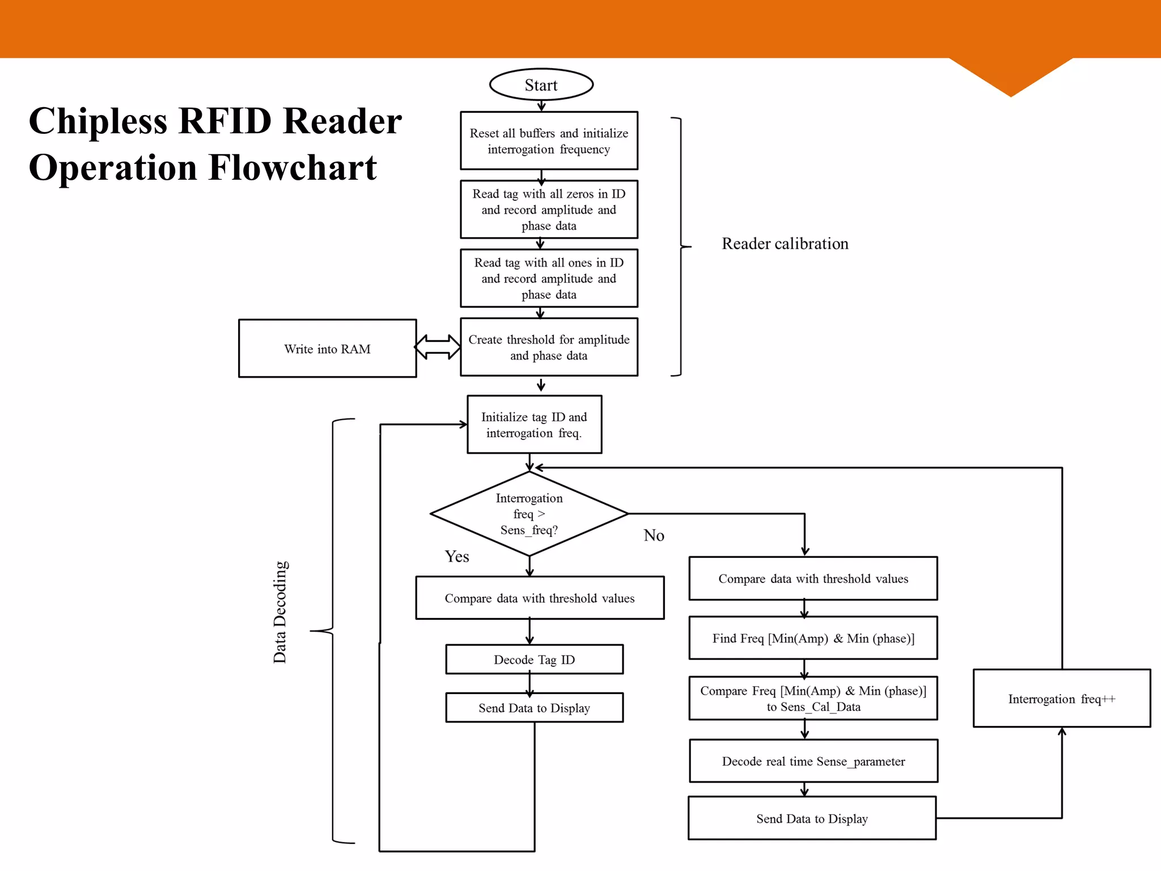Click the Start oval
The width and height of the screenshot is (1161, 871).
pos(541,85)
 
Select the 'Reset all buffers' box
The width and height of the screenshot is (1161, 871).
pos(549,141)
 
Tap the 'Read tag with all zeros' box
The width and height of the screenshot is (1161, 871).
pos(549,209)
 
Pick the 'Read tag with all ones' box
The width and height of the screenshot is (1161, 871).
pos(549,278)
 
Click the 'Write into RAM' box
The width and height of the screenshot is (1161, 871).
pos(327,348)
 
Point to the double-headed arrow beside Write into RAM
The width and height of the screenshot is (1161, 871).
pos(438,347)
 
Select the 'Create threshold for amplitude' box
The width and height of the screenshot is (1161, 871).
pos(549,347)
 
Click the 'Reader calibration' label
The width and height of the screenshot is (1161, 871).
pos(785,244)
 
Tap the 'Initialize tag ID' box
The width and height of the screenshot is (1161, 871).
pos(534,424)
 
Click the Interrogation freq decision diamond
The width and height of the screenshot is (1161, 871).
pos(529,514)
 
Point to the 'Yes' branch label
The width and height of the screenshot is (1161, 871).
pos(456,556)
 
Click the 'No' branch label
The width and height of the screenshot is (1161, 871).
pos(654,535)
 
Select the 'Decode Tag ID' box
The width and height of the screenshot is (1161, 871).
pos(534,659)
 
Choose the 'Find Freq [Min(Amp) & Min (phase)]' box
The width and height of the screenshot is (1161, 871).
pos(813,638)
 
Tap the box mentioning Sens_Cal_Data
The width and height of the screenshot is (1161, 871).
pos(813,698)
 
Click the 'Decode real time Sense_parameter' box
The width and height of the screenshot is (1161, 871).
pos(813,761)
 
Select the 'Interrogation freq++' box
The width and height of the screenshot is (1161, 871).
pos(1061,699)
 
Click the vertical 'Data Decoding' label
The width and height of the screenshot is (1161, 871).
pos(280,612)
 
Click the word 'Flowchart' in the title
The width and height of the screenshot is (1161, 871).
pos(293,168)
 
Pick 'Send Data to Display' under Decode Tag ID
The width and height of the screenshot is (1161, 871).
pos(534,708)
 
